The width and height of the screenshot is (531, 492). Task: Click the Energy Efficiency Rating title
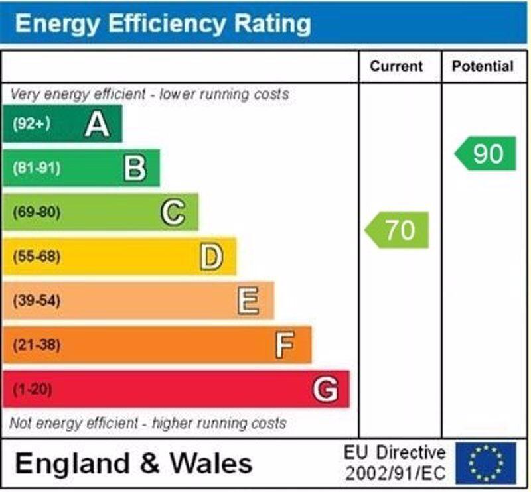coord(163,23)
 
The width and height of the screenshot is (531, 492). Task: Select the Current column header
coord(396,66)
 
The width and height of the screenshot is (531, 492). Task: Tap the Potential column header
coord(483,66)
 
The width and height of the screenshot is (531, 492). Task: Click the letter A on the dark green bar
coord(97,124)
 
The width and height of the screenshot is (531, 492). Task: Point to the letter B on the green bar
coord(135,168)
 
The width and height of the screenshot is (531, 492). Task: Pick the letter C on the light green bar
coord(173,213)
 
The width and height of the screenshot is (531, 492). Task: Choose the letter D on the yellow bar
coord(211,257)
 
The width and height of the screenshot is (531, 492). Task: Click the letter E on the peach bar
coord(248,301)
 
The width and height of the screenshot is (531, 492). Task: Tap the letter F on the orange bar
coord(285,345)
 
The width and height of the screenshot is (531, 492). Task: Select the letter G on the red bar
coord(325,389)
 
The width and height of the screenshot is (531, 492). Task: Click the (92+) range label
coord(31,124)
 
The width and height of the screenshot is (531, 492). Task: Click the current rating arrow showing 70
coord(398,230)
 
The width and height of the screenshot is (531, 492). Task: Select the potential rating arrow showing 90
coord(487,154)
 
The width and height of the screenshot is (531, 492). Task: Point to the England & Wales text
coord(133,463)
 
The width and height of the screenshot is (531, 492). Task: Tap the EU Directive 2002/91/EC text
coord(394,463)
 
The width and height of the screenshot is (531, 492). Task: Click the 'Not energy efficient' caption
coord(148,423)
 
